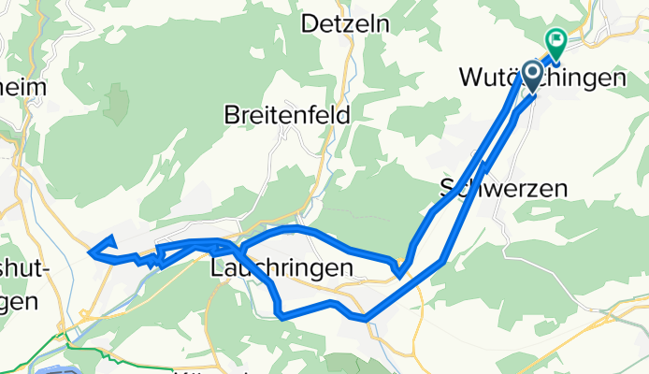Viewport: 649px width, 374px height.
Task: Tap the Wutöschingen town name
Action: click(542, 79)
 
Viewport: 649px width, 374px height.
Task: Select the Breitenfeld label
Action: click(287, 115)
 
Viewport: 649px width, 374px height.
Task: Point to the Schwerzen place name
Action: click(504, 188)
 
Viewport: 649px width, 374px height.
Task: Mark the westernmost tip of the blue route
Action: click(90, 250)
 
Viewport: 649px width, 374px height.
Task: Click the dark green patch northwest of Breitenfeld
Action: click(118, 103)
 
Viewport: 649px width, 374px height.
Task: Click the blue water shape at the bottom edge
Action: click(61, 368)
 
